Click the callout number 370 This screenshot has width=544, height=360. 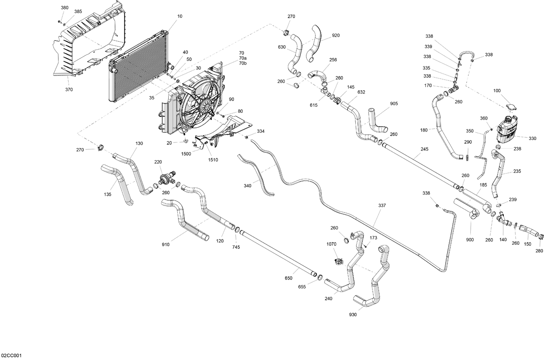pos(69,90)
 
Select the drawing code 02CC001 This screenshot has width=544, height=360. pos(12,356)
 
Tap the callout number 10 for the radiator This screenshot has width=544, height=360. pos(180,16)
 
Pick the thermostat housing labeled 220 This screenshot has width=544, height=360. pos(166,178)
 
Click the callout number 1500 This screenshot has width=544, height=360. pos(186,154)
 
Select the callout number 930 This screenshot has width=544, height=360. pos(353,315)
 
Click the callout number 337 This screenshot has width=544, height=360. pos(382,206)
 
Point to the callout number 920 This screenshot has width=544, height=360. pos(336,36)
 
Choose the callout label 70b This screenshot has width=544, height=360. pos(243,63)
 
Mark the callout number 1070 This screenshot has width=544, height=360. pos(332,244)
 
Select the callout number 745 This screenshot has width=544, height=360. pos(236,247)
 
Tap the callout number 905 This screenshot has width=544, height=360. pos(394,104)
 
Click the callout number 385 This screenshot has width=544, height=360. pos(78,12)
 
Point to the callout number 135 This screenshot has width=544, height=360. pos(107,194)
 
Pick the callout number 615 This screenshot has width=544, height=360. pos(314,105)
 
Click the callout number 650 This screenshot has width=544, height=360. pos(288,278)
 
